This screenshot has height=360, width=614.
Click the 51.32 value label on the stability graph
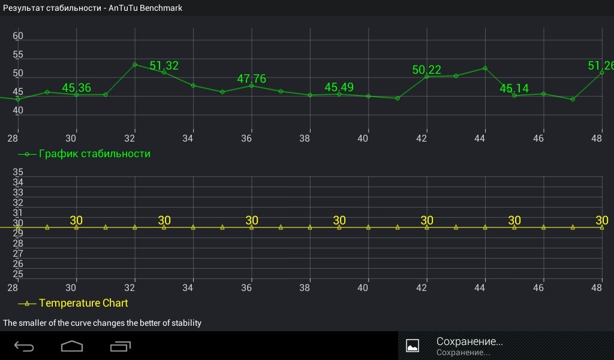coord(164,66)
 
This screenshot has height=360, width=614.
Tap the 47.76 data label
coord(252,79)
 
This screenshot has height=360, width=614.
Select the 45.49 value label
coord(339,88)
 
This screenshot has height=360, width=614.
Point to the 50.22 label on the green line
coord(426,70)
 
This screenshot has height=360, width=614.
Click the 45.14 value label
coord(514,89)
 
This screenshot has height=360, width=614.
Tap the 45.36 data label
coord(77,88)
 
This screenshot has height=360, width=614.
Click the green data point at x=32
coord(135,64)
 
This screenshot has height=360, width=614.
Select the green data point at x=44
coord(484,68)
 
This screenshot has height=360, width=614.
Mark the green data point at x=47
coord(573,99)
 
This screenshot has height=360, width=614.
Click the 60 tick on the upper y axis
coord(18,37)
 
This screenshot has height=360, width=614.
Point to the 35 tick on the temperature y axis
coord(18,173)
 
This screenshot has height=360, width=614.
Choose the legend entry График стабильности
coord(94,154)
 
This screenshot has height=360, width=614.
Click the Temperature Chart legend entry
coord(83,303)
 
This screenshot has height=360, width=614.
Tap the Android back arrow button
coord(25,346)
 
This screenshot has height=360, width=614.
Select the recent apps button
coord(121,346)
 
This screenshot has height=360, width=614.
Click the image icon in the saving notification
coord(413,346)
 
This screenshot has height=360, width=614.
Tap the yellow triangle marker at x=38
coord(310,227)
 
